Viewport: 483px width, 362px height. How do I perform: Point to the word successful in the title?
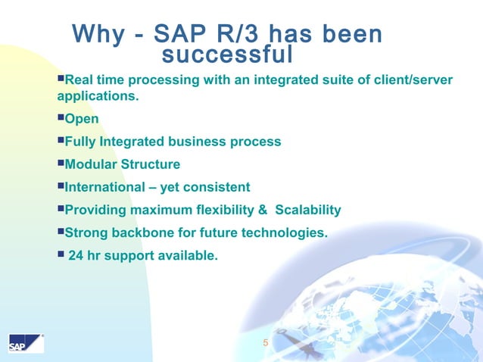[227, 55]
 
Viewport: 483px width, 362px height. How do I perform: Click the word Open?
[82, 119]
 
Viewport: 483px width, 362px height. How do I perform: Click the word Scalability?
[308, 210]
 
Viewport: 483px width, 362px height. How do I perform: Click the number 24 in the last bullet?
[76, 256]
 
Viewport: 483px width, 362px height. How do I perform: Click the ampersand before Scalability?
[265, 210]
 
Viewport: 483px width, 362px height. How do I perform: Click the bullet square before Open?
[61, 119]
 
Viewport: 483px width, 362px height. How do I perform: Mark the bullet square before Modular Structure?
[61, 164]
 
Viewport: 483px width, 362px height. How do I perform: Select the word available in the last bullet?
[188, 256]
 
